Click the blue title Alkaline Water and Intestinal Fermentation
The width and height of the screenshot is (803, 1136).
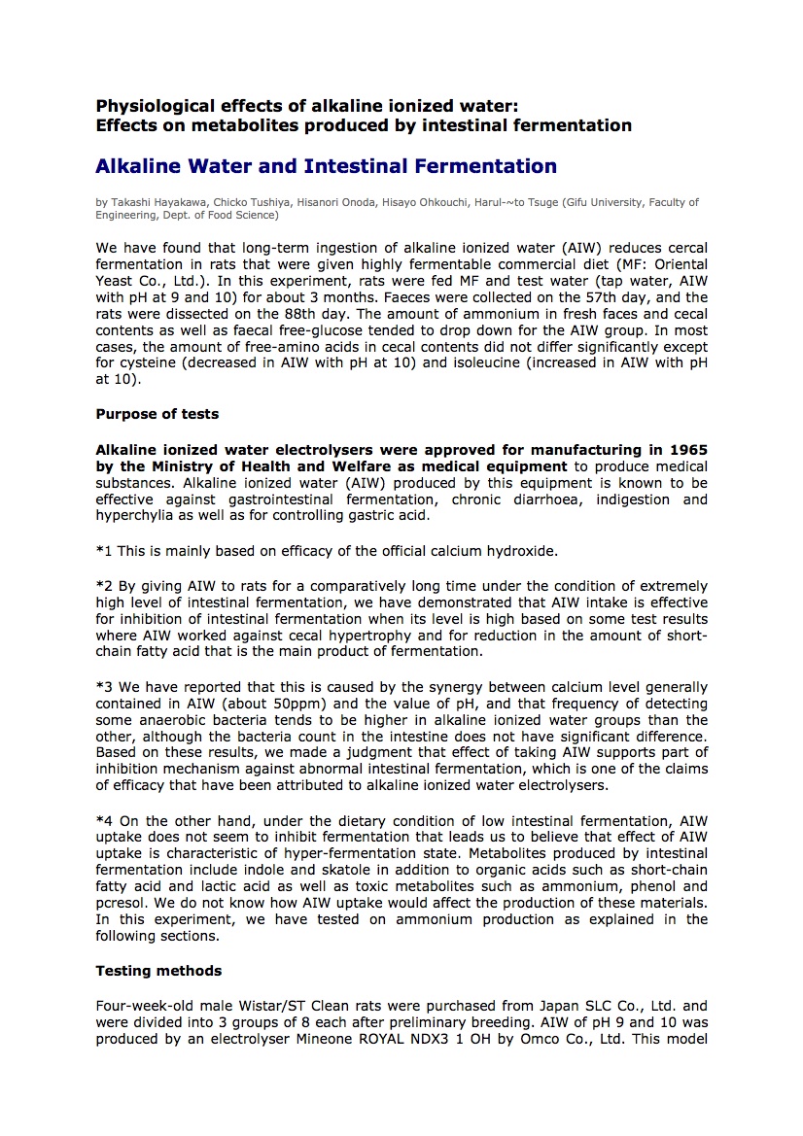pos(326,166)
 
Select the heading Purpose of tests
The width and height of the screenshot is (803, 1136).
pos(157,414)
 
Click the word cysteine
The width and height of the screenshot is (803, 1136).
pos(148,363)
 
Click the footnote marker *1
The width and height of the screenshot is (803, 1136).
pos(104,551)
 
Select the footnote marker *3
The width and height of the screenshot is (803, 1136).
pos(104,687)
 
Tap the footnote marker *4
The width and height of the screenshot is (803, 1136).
pos(104,820)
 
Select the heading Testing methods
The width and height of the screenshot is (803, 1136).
pos(158,971)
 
